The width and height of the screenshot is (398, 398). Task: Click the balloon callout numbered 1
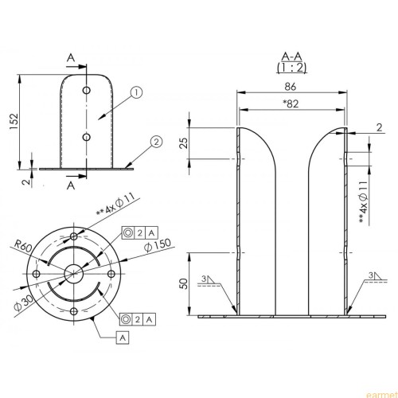coord(136,92)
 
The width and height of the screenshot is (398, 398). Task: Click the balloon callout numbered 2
coord(156,142)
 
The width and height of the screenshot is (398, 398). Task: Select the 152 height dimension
coord(14,121)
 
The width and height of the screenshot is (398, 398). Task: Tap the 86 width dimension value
coord(291,87)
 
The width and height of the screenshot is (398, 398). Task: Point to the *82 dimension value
coord(291,103)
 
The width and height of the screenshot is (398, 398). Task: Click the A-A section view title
coord(291,57)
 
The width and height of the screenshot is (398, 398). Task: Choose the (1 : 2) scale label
coord(291,68)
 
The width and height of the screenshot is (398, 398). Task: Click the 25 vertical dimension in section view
coord(185,142)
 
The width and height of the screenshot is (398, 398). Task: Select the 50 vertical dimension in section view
coord(185,283)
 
